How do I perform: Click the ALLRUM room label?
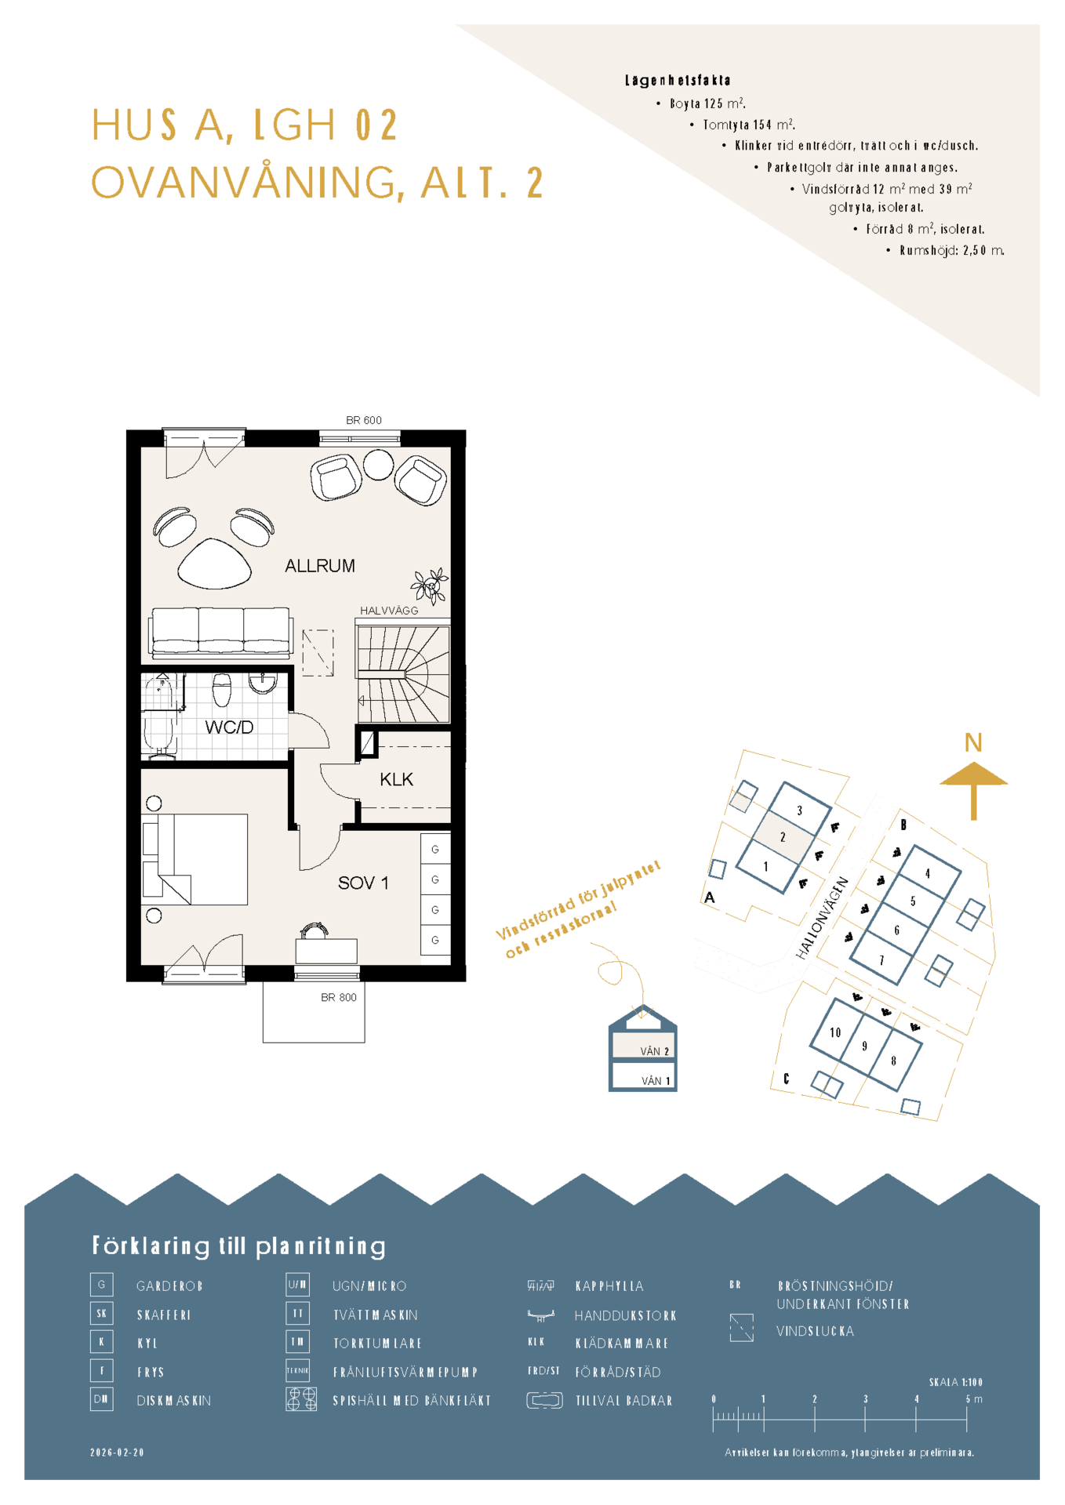click(319, 566)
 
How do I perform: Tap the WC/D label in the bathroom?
click(229, 727)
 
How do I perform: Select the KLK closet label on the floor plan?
click(396, 779)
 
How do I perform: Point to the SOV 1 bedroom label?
click(363, 883)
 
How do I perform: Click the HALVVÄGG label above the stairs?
click(389, 611)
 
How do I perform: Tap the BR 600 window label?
click(364, 420)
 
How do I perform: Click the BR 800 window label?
click(338, 998)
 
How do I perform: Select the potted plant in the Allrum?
click(430, 586)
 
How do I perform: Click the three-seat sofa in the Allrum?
click(221, 632)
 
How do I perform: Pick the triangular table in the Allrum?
click(214, 564)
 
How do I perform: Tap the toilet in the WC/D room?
click(222, 690)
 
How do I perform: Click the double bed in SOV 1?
click(195, 859)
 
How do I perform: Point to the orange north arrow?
click(973, 790)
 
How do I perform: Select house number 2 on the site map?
click(783, 837)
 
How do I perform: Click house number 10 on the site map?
click(835, 1032)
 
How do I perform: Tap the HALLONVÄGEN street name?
click(822, 918)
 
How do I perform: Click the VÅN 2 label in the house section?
click(655, 1051)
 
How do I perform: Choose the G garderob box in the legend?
click(102, 1285)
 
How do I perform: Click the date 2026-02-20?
click(118, 1452)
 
